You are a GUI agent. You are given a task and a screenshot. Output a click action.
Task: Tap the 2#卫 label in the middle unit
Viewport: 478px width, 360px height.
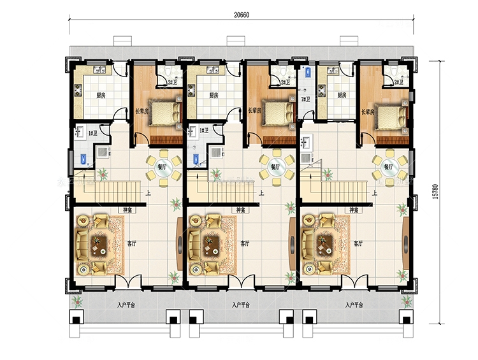(x=285, y=82)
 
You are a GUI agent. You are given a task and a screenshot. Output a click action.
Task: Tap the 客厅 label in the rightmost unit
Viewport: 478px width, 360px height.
(x=358, y=243)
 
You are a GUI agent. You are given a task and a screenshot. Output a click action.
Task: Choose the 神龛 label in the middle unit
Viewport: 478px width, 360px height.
(x=241, y=210)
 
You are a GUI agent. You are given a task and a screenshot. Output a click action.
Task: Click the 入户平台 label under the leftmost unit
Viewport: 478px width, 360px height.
(x=126, y=305)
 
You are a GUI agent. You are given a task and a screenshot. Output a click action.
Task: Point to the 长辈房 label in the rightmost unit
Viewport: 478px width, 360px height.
(x=368, y=112)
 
